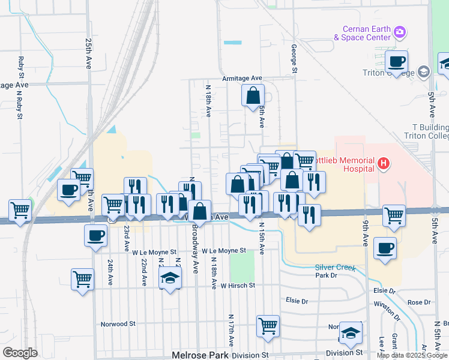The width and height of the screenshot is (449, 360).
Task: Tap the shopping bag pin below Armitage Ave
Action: pos(253,95)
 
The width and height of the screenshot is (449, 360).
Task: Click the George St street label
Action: pos(294,58)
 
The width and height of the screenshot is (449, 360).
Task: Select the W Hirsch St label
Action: pos(238,286)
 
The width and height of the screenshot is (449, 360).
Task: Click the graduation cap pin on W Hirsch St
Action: pos(170,278)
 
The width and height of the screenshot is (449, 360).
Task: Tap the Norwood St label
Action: pos(118,323)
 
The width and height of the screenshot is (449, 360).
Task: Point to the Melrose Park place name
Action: pos(200,355)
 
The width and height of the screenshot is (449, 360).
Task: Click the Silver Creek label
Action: pos(336,268)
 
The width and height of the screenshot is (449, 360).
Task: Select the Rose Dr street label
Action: pos(415,302)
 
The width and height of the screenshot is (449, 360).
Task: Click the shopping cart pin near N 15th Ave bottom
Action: pos(268,326)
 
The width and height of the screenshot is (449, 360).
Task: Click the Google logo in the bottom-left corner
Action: pos(19,353)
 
